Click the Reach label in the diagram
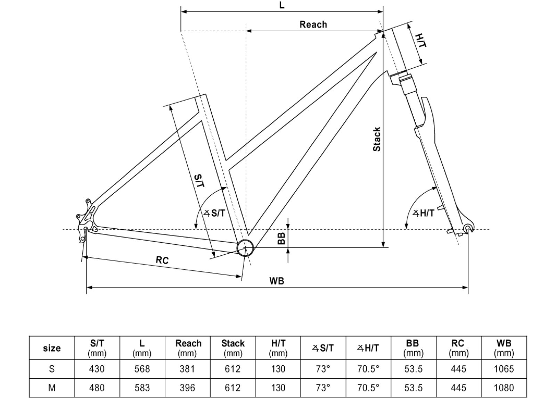(313, 25)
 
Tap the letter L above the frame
(282, 5)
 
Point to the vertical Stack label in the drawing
(377, 139)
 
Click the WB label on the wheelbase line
(277, 281)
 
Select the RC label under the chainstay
(162, 260)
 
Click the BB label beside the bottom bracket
(281, 238)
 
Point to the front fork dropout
(468, 228)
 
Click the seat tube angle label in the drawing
(215, 213)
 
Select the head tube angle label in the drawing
(424, 213)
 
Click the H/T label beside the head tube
(421, 41)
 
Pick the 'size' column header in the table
(52, 348)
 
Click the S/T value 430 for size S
(97, 369)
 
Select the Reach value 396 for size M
(187, 387)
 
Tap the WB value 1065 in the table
(504, 369)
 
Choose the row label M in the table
(52, 387)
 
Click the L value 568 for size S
(142, 369)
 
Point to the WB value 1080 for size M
(504, 387)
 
